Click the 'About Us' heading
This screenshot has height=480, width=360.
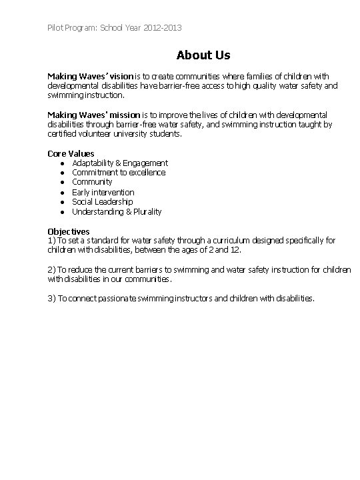tap(203, 55)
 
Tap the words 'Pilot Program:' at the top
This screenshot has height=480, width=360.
tap(73, 28)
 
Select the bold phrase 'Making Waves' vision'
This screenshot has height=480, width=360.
tap(91, 77)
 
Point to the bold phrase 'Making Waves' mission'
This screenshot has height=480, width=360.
tap(93, 115)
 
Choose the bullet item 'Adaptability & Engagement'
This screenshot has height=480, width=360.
tap(119, 163)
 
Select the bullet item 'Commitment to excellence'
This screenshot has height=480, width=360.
tap(118, 173)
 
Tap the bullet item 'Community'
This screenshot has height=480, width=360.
tap(92, 182)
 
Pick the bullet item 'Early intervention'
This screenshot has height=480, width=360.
tap(103, 192)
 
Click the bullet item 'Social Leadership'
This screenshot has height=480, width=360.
tap(102, 201)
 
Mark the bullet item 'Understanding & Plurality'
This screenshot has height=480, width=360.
tap(117, 211)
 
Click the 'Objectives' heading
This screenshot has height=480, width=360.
tap(68, 231)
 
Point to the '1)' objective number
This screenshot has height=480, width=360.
tap(51, 240)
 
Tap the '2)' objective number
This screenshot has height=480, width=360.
tap(51, 269)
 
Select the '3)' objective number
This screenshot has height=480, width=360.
tap(51, 299)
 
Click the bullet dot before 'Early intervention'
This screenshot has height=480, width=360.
tap(61, 192)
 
